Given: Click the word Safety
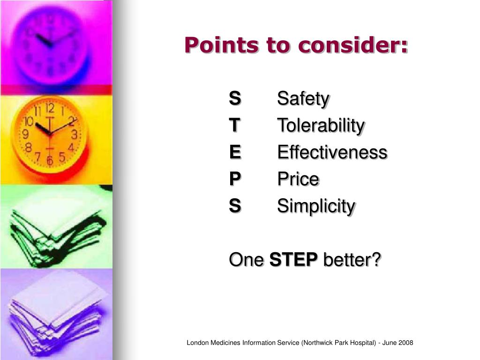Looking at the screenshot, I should point(303,99).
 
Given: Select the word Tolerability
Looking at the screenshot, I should point(321,126).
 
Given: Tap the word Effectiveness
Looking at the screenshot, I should point(332,152).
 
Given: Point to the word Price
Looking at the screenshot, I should point(298,179).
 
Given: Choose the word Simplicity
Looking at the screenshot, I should point(316,206).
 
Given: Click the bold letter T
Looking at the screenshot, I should point(234,125).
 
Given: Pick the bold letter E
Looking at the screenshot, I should point(235,152).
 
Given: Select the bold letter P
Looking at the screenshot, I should point(235,179).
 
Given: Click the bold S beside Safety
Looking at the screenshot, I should point(235,98).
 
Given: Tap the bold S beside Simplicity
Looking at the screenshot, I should point(235,205).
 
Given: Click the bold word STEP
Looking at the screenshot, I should point(294,259).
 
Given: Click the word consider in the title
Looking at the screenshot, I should point(353,45).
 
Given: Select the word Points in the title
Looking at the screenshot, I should point(221,45).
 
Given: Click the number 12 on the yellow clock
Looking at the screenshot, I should point(50,109).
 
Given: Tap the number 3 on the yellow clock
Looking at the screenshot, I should point(74,135).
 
